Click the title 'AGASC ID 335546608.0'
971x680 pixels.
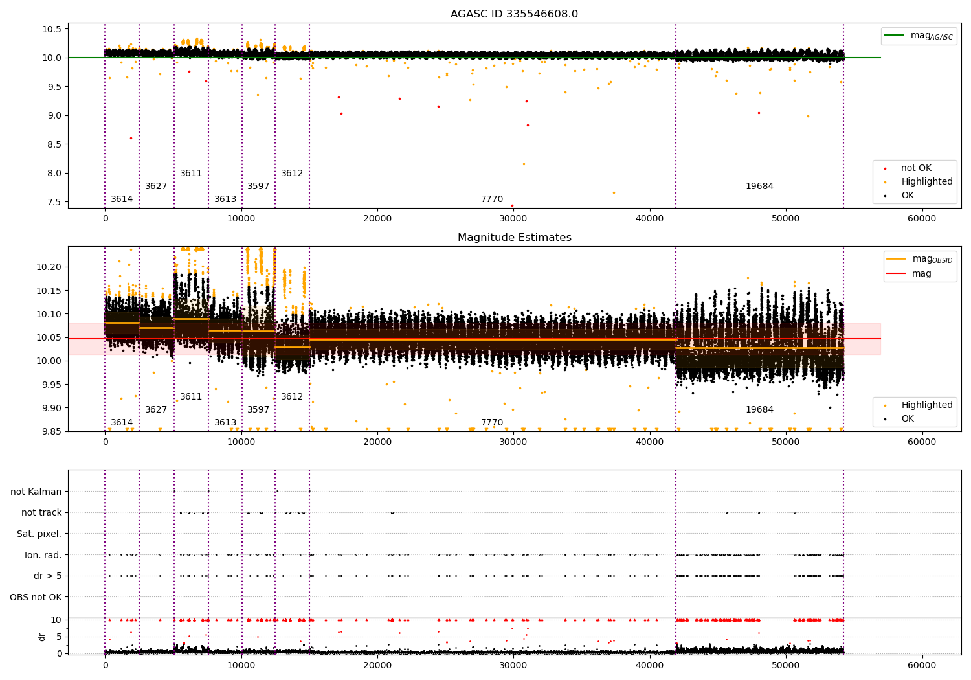tap(514, 14)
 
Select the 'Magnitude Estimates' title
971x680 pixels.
tap(514, 238)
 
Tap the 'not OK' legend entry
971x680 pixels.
tap(916, 168)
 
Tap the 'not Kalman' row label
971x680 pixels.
tap(36, 492)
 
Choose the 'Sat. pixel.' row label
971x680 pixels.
tap(39, 534)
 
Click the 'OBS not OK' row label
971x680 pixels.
tap(36, 597)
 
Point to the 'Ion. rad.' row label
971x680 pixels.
tap(43, 555)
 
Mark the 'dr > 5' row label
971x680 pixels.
tap(47, 576)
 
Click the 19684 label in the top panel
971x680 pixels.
tap(759, 187)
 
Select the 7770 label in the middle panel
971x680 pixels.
tap(492, 423)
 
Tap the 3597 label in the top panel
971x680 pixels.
tap(258, 187)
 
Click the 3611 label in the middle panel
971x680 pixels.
tap(191, 397)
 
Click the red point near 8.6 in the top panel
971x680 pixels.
tap(131, 138)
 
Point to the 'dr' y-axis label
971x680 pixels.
tap(42, 637)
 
